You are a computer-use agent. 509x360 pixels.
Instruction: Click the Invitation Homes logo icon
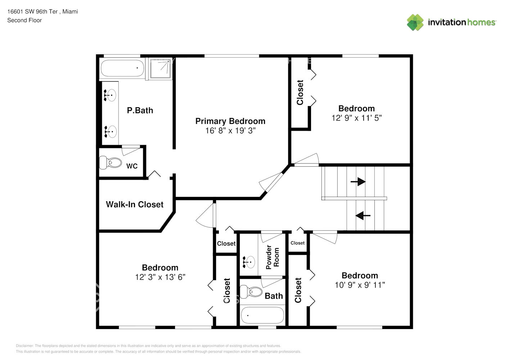tap(415, 22)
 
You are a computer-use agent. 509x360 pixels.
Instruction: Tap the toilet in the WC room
tap(111, 162)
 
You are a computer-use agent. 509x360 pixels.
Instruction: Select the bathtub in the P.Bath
tap(122, 68)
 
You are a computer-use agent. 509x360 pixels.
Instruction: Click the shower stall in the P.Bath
tap(160, 68)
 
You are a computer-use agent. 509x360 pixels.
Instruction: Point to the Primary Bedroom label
tap(230, 121)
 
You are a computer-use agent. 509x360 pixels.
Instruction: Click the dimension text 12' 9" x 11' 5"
tap(356, 118)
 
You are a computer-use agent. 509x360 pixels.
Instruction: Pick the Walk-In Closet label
tap(135, 204)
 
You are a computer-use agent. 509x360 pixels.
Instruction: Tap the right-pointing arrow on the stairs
tap(358, 181)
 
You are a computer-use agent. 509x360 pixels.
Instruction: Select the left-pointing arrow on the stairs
tap(363, 215)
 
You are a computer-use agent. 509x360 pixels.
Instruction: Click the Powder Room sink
tap(249, 262)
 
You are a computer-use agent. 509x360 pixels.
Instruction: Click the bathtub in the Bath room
tap(262, 315)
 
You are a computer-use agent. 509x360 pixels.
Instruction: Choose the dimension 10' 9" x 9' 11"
tap(360, 285)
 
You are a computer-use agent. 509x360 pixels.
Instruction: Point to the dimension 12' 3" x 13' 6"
tap(160, 277)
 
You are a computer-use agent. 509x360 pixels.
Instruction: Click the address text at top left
tap(42, 12)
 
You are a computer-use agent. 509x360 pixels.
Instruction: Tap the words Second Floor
tap(24, 20)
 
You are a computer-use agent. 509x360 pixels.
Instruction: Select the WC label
tap(132, 166)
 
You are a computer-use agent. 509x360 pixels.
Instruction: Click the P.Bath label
tap(140, 111)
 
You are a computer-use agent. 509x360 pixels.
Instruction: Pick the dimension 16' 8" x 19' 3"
tap(230, 131)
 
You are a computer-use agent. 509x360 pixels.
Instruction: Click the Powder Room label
tap(272, 257)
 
